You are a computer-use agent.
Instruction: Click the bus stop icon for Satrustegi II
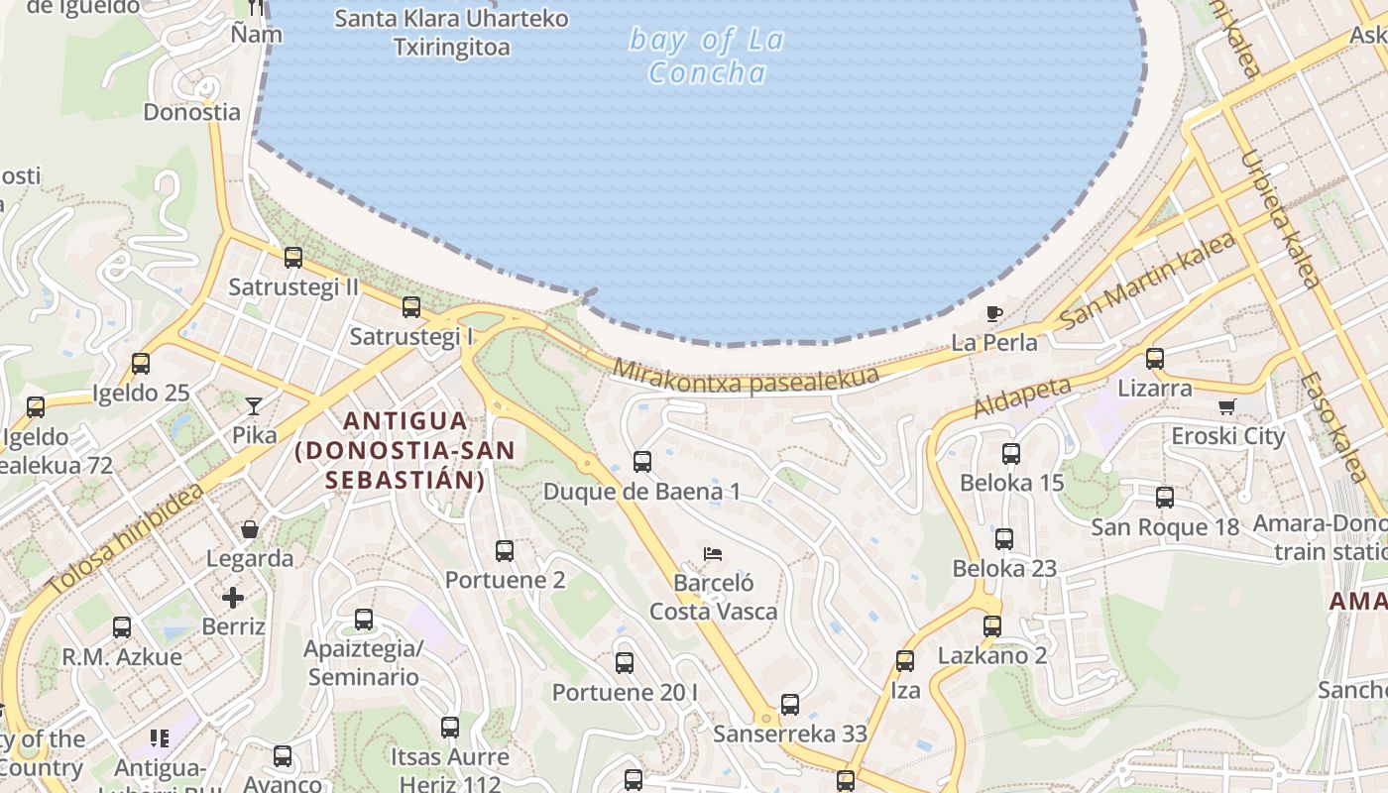[293, 258]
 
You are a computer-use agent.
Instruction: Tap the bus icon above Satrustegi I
[411, 307]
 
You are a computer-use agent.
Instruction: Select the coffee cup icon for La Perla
[993, 314]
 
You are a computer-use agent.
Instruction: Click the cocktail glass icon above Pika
[254, 405]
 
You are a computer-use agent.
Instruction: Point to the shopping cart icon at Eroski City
[1227, 406]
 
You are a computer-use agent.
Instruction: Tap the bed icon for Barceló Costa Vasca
[712, 553]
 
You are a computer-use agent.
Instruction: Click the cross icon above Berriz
[233, 597]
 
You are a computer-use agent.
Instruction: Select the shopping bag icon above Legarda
[250, 529]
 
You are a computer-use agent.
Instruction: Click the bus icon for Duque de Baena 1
[642, 461]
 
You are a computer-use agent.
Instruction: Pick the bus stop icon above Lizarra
[1155, 358]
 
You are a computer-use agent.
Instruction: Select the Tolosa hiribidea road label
[126, 539]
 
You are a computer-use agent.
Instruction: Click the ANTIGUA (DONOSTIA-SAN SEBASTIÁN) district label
[405, 450]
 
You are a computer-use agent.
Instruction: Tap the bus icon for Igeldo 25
[141, 364]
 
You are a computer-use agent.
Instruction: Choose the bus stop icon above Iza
[905, 660]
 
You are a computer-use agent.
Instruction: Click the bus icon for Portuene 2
[505, 550]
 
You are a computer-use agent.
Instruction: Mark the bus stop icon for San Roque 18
[1165, 497]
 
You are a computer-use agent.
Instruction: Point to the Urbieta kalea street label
[1280, 218]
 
